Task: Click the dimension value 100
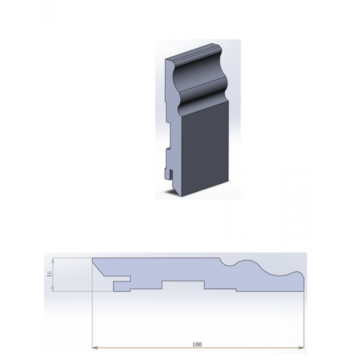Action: click(x=197, y=345)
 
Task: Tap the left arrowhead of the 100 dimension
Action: click(x=95, y=348)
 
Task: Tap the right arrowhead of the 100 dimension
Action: click(x=301, y=348)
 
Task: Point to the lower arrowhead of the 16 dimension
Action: click(x=53, y=289)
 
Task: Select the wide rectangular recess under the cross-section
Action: click(x=183, y=284)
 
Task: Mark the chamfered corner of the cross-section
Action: click(x=98, y=267)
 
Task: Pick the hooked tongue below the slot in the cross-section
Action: click(x=122, y=286)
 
